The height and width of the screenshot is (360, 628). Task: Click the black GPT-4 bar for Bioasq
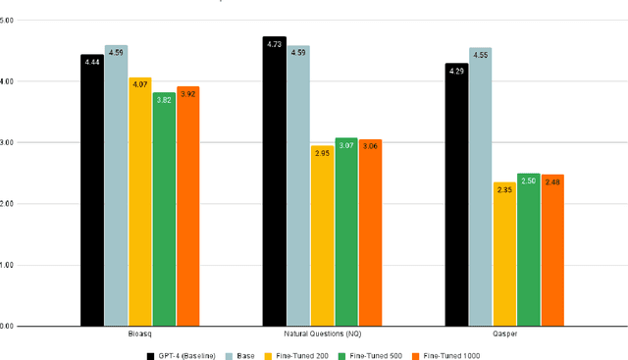pyautogui.click(x=92, y=191)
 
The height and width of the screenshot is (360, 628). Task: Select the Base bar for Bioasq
pyautogui.click(x=116, y=186)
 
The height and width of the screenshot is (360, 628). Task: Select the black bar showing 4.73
pyautogui.click(x=274, y=182)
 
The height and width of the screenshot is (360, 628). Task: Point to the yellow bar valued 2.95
pyautogui.click(x=322, y=236)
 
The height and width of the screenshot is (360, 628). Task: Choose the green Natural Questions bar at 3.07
pyautogui.click(x=345, y=232)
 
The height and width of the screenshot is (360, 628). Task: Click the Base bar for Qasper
pyautogui.click(x=480, y=187)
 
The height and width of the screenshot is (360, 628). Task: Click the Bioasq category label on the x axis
pyautogui.click(x=139, y=334)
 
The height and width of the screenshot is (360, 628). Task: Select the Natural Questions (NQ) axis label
pyautogui.click(x=322, y=334)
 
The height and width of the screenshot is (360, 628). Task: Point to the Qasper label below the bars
pyautogui.click(x=504, y=334)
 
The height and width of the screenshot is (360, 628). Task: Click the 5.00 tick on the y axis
pyautogui.click(x=9, y=20)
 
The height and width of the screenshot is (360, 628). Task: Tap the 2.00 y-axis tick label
pyautogui.click(x=9, y=204)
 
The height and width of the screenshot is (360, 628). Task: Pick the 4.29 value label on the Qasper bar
pyautogui.click(x=456, y=71)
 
